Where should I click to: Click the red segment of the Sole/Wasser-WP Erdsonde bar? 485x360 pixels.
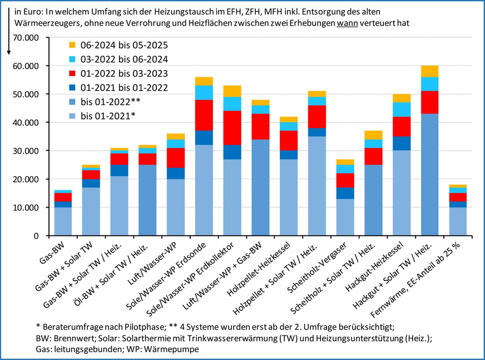[204, 115]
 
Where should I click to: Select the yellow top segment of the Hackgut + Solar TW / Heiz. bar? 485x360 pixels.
[429, 71]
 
